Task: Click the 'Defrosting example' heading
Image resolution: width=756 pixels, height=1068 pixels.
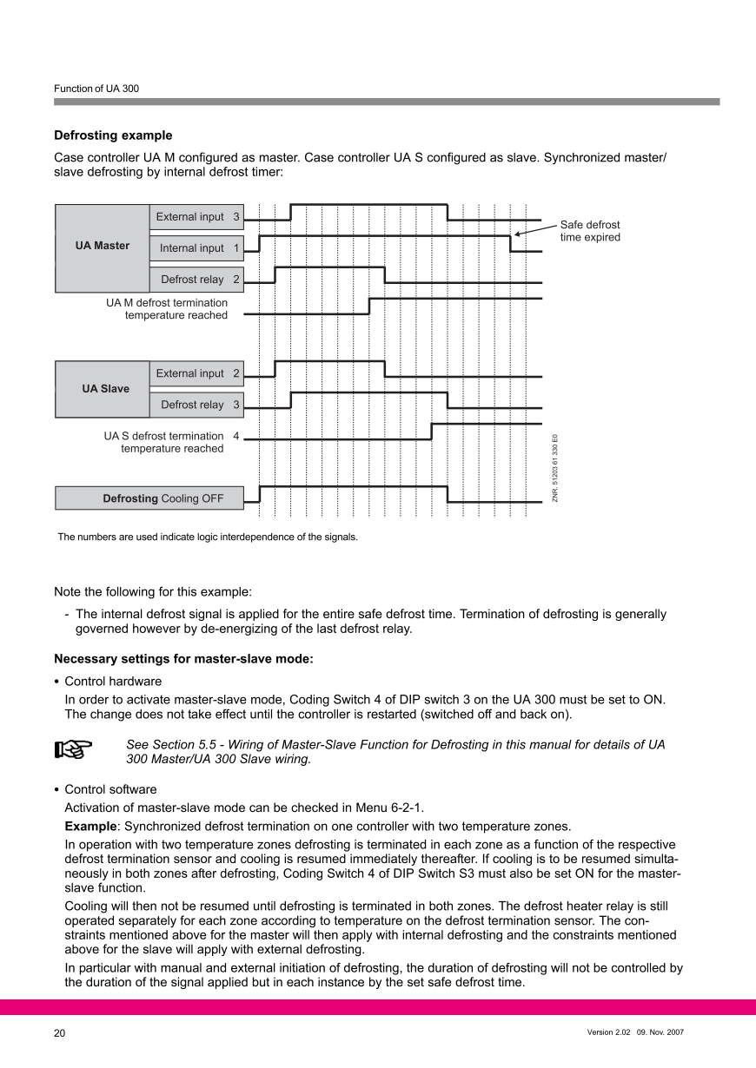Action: coord(113,135)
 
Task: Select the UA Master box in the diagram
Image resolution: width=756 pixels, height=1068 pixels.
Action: coord(103,246)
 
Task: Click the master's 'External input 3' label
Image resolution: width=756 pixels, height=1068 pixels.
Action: coord(197,217)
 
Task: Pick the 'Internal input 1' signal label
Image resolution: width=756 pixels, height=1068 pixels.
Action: coord(199,248)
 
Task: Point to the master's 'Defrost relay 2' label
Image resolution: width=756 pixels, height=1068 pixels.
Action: coord(200,280)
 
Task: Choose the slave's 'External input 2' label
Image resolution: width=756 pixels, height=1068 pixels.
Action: coord(197,373)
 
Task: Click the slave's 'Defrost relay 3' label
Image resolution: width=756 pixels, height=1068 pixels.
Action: coord(200,405)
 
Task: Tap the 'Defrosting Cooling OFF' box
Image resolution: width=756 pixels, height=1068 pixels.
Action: coord(149,498)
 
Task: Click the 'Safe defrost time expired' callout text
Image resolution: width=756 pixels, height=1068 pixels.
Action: coord(590,231)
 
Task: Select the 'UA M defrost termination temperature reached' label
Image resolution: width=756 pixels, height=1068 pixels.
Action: coord(167,309)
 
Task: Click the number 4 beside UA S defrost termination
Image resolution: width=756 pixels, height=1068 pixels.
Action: coord(236,436)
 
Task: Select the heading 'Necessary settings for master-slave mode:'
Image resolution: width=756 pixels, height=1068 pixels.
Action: coord(183,659)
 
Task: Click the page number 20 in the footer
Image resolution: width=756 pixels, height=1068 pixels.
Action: coord(60,1033)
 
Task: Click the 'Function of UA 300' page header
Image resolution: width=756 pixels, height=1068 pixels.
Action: coord(96,89)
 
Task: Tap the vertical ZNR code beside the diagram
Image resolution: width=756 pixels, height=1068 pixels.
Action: coord(555,468)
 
